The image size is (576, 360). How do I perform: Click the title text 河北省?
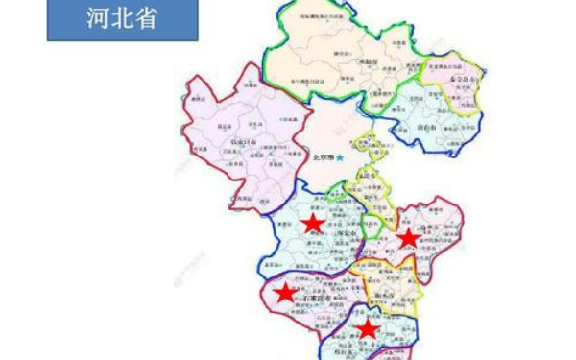[122, 19]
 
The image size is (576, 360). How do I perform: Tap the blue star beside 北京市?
[339, 157]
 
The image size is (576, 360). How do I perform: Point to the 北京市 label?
[323, 158]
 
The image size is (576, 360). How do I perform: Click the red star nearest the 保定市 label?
[312, 224]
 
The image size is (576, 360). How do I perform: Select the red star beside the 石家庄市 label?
[284, 292]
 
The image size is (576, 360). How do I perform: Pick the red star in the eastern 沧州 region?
[408, 237]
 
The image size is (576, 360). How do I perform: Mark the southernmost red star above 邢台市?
[367, 329]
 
